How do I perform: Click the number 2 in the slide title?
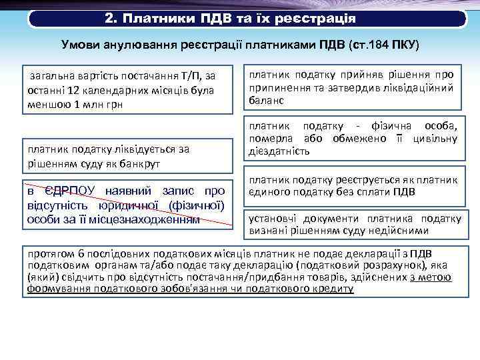pos(110,17)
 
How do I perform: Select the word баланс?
pos(266,101)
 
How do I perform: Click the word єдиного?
pos(267,193)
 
